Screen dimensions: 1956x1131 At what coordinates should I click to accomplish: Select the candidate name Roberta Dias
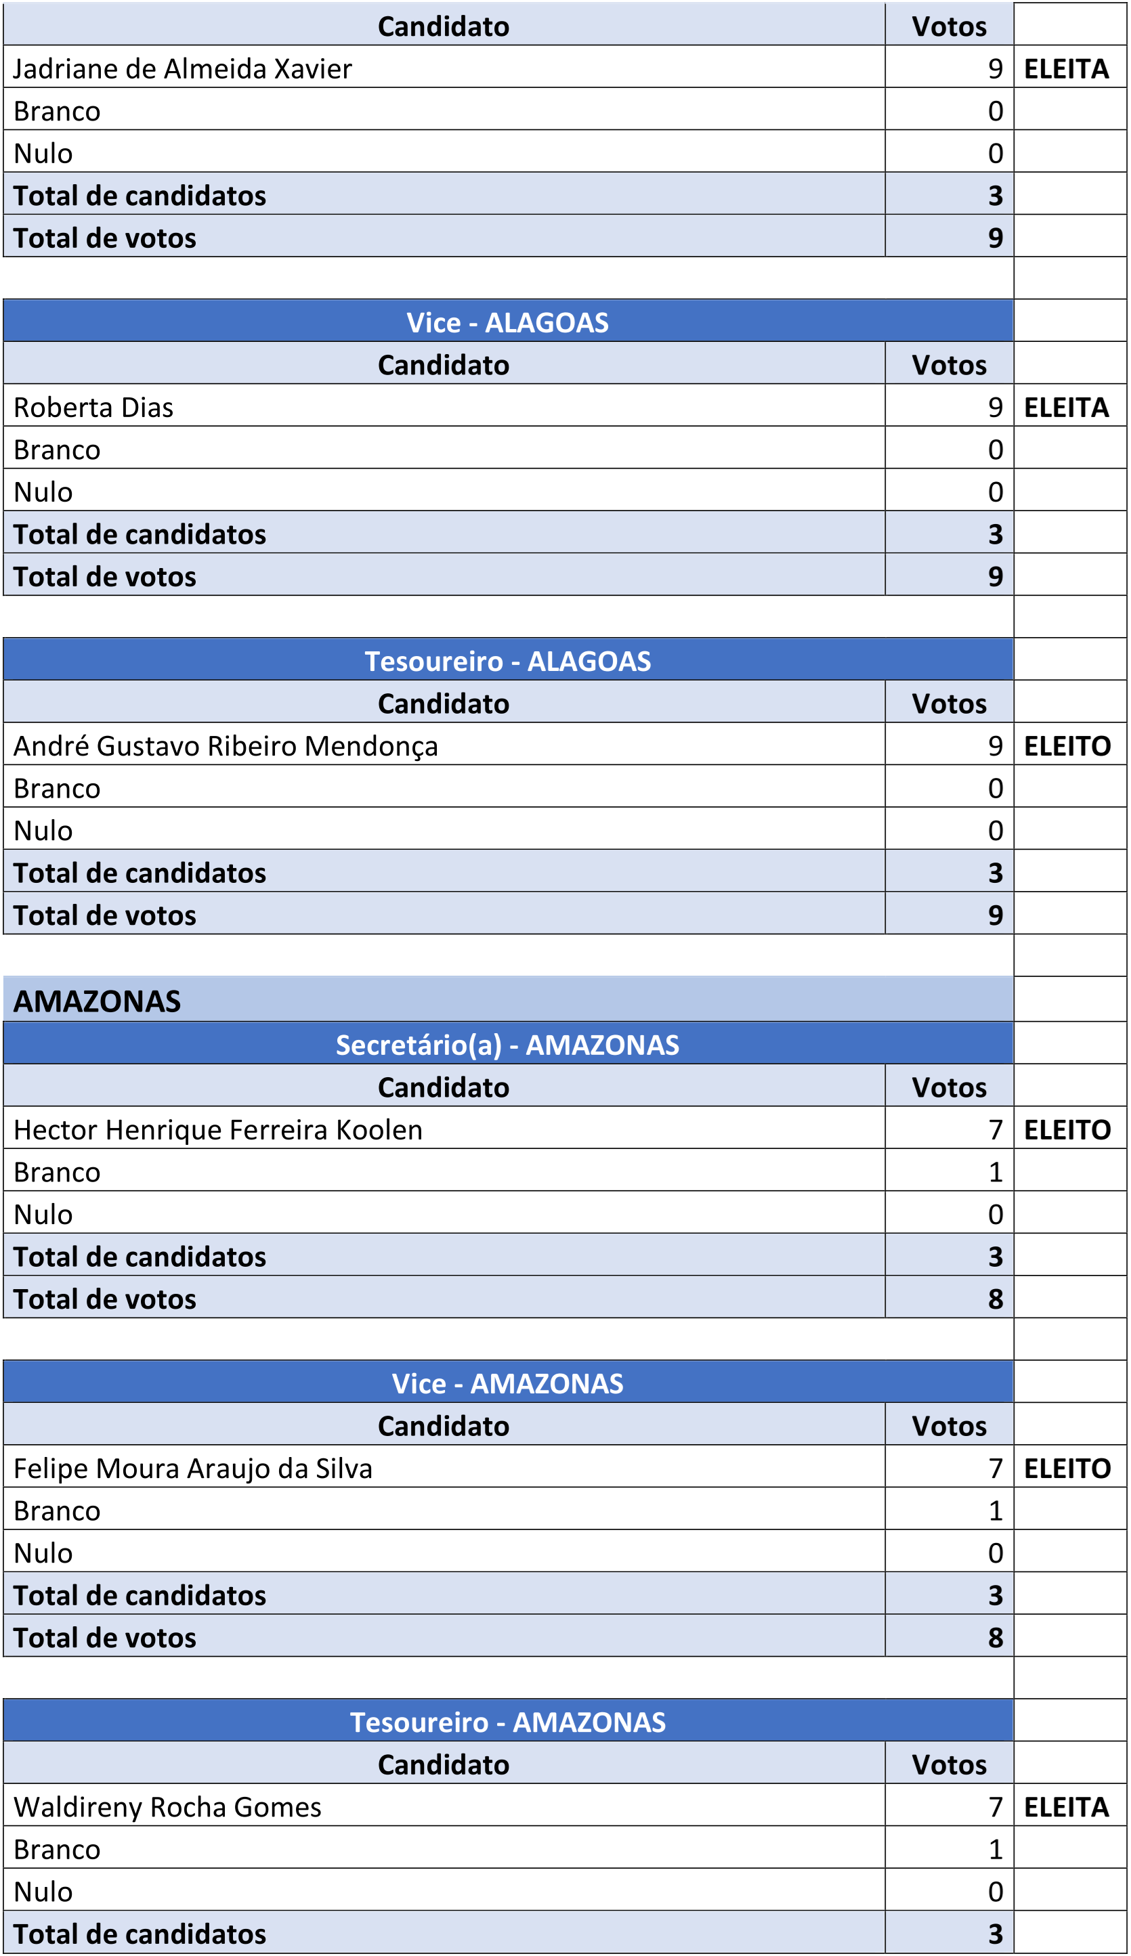(x=93, y=408)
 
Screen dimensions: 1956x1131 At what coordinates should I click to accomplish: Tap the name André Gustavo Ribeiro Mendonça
(x=226, y=746)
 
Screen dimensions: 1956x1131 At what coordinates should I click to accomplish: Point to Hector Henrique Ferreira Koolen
(x=218, y=1129)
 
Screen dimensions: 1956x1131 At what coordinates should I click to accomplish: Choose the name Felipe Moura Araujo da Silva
(x=193, y=1468)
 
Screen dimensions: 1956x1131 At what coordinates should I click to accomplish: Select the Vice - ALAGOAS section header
(x=508, y=322)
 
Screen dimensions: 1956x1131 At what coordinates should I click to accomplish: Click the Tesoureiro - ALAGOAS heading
(x=508, y=661)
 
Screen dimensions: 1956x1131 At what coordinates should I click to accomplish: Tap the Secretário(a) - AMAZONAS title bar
(x=508, y=1045)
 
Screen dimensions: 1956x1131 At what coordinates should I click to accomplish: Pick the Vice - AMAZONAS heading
(x=508, y=1383)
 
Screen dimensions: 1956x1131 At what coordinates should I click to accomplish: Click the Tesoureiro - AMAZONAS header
(x=508, y=1722)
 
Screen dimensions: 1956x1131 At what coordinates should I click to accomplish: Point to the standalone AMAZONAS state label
(x=97, y=1001)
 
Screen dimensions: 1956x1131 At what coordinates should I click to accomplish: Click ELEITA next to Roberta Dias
(x=1067, y=408)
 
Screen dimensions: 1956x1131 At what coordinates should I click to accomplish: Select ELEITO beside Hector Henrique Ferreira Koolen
(x=1067, y=1129)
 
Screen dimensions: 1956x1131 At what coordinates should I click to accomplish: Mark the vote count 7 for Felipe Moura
(x=995, y=1468)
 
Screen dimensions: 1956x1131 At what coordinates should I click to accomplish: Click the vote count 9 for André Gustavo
(x=995, y=746)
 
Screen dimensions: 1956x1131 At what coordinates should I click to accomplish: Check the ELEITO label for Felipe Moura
(x=1067, y=1468)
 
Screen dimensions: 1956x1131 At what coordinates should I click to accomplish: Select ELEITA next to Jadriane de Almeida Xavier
(x=1067, y=69)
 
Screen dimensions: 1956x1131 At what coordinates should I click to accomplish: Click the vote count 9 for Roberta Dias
(x=995, y=408)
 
